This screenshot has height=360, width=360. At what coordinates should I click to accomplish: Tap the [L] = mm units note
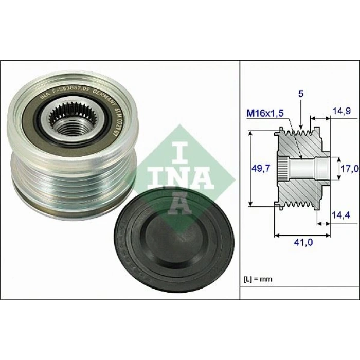258,279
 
